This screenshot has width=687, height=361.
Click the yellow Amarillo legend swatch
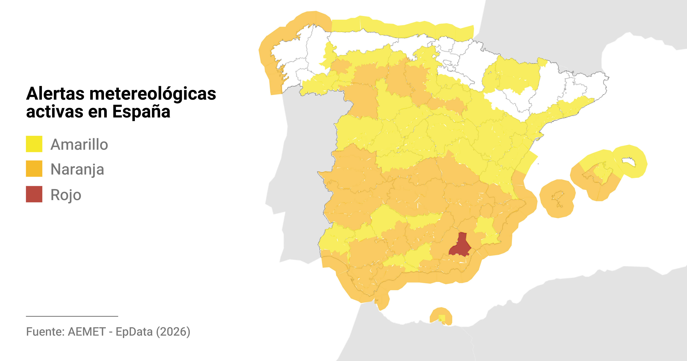(x=34, y=144)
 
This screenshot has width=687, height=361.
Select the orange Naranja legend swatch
(x=34, y=168)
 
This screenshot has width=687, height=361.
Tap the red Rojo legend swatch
(x=34, y=194)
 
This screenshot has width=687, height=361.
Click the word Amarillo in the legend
(x=79, y=144)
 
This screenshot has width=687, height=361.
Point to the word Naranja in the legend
(x=77, y=169)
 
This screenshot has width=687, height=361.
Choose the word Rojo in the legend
(x=65, y=195)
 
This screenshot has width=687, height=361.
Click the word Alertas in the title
(x=55, y=94)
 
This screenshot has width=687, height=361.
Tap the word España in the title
(x=141, y=111)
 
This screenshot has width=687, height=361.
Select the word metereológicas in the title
(x=153, y=94)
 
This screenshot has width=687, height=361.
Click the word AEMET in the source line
(x=87, y=332)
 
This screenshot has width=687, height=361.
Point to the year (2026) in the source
(x=173, y=332)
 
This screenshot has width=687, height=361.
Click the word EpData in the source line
(x=134, y=332)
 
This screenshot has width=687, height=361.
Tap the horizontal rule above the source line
(x=72, y=316)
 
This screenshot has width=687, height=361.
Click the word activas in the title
(x=55, y=111)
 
